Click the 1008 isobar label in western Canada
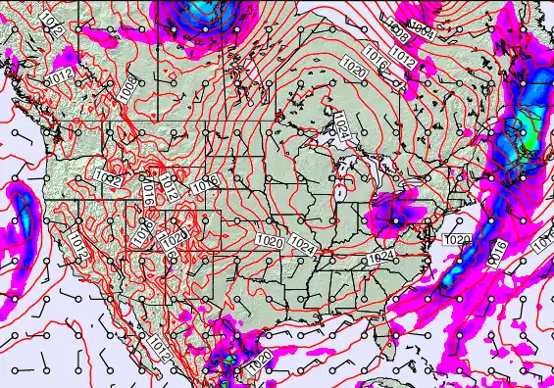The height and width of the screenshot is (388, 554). click(128, 88)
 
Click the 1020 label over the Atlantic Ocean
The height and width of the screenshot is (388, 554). click(457, 240)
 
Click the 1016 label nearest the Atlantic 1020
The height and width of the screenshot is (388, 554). click(498, 250)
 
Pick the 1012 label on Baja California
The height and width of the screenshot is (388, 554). click(158, 345)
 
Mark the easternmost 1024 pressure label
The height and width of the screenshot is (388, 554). click(380, 258)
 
